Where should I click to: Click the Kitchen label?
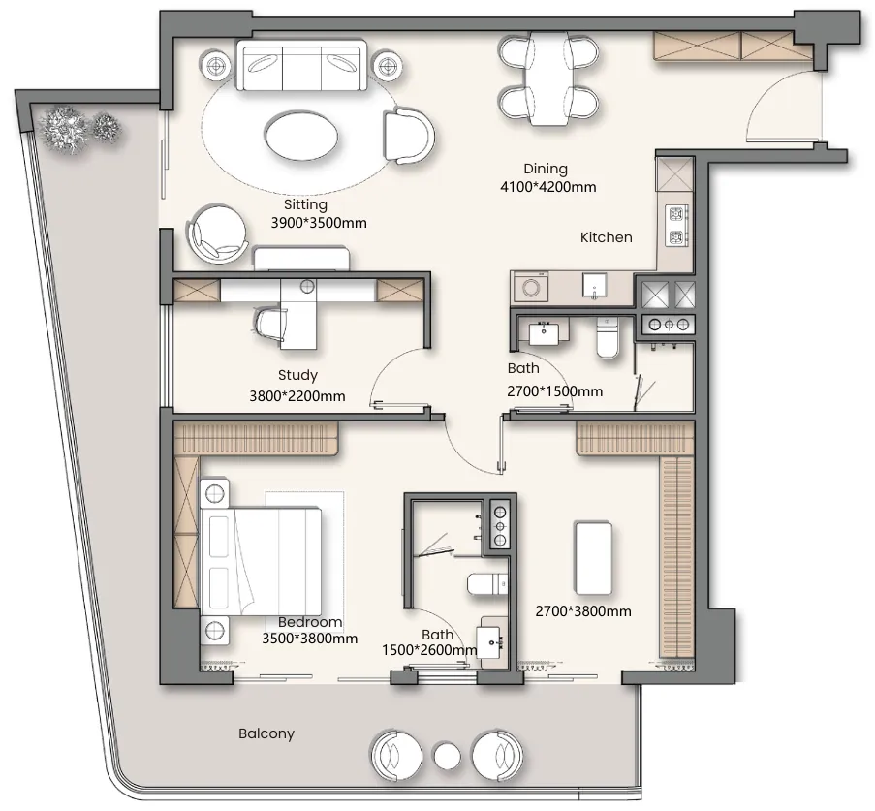tap(606, 237)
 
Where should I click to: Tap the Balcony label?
tap(266, 733)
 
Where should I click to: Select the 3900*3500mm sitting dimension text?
tap(319, 223)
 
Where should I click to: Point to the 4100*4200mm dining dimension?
tap(548, 187)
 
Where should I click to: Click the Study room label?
tap(297, 375)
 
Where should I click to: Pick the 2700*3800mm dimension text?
tap(583, 611)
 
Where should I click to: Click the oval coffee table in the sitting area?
tap(301, 134)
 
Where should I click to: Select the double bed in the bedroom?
tap(260, 559)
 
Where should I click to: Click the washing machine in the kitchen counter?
tap(528, 288)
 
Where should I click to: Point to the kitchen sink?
tap(594, 286)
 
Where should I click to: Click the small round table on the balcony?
tap(447, 757)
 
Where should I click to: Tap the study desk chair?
tap(270, 324)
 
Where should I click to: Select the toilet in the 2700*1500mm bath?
tap(608, 336)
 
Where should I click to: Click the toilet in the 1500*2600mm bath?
tap(487, 584)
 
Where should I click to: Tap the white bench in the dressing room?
tap(593, 559)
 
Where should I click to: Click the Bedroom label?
tap(310, 622)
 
